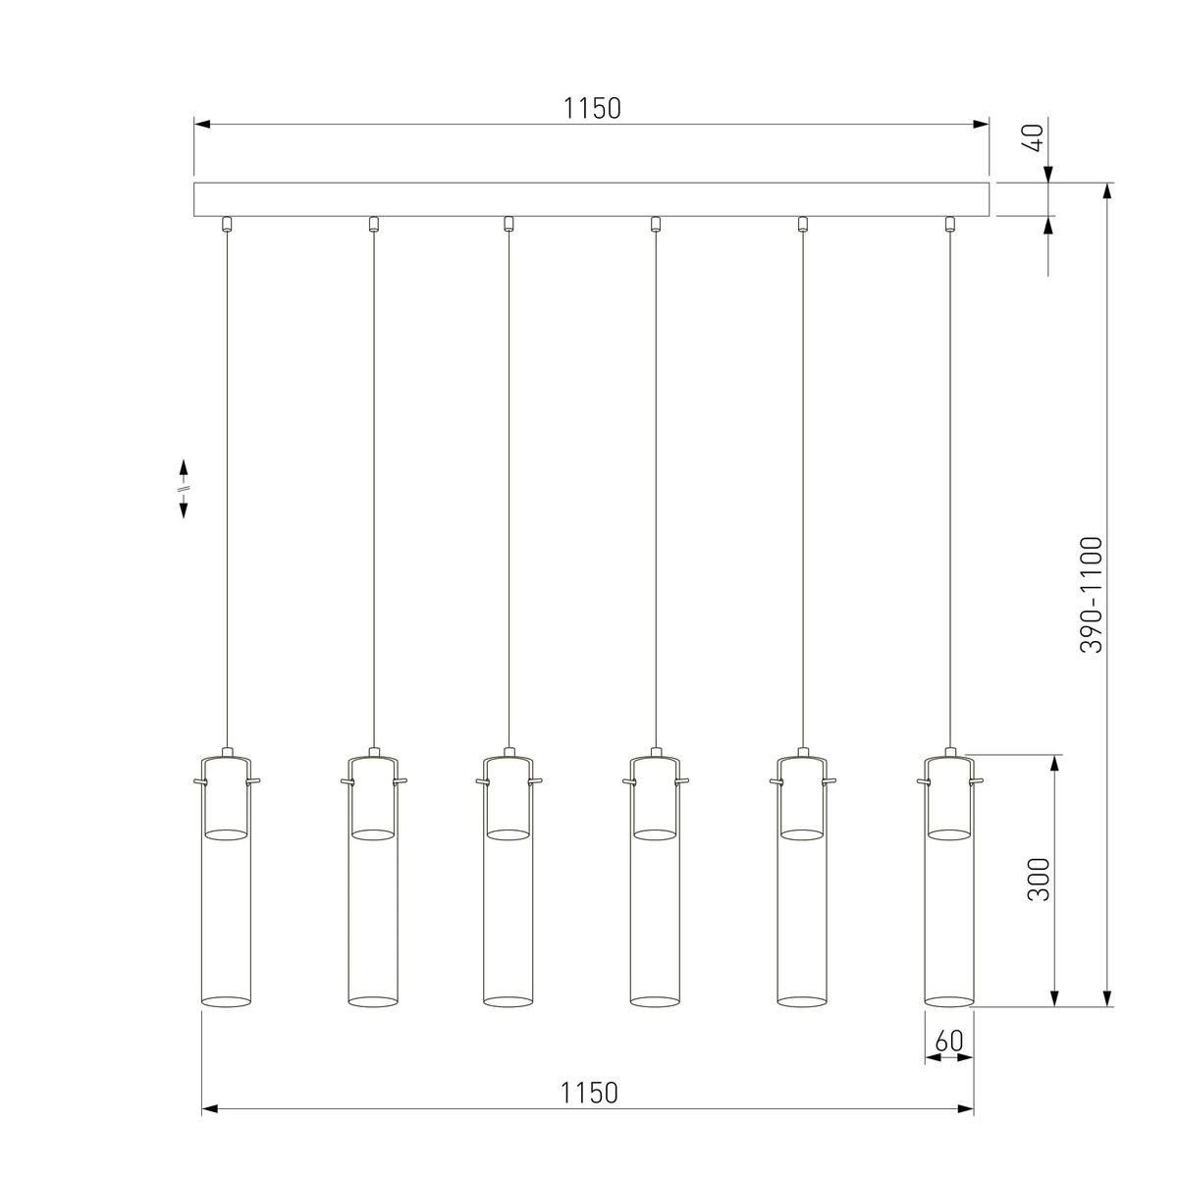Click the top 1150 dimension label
[x=592, y=109]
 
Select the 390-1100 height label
[x=1091, y=596]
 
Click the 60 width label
[x=949, y=1042]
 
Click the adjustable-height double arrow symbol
[x=184, y=489]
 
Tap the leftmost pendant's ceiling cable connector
[x=227, y=224]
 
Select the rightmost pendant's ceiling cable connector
[x=949, y=224]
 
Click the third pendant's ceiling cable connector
[x=508, y=224]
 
